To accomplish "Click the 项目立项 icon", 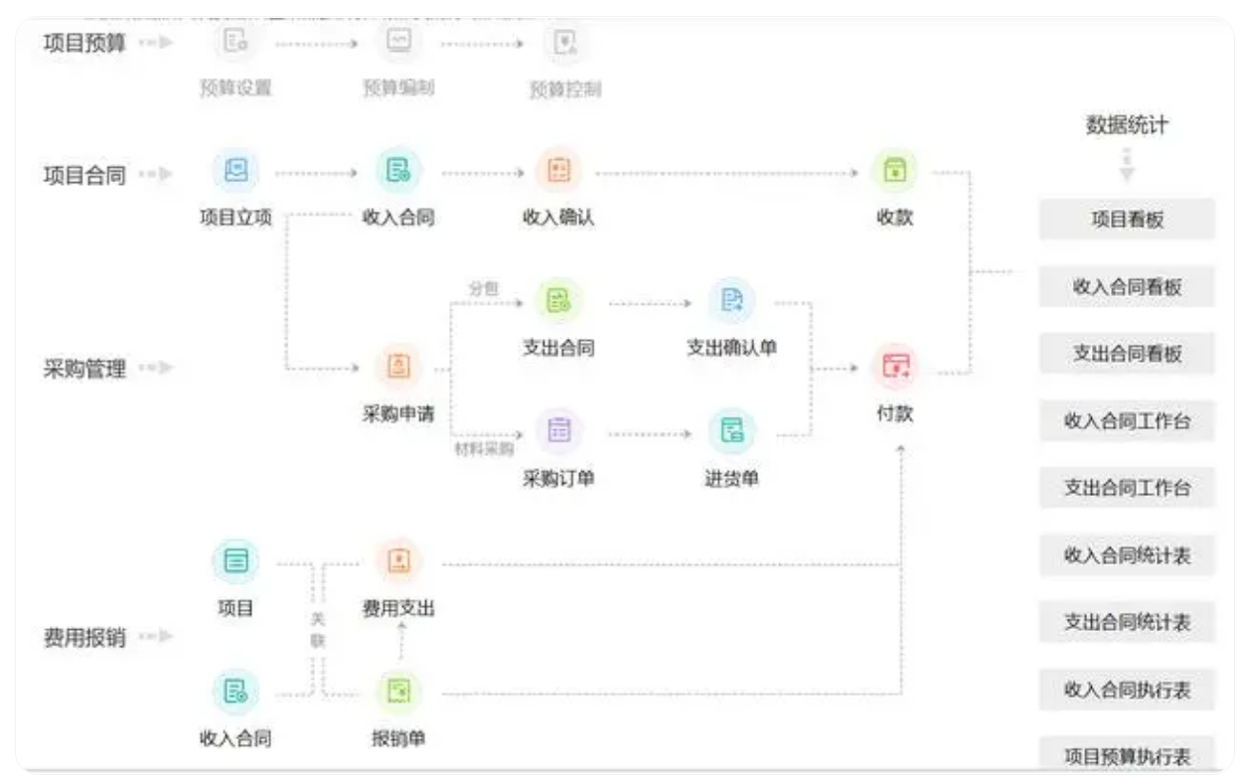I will pos(235,171).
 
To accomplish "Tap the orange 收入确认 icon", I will pos(558,171).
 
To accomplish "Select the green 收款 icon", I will pos(894,171).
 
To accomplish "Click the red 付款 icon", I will pos(895,367).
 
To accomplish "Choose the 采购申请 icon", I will pos(397,367).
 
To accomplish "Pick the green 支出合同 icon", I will pos(559,301).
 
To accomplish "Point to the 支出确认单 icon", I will pos(731,301).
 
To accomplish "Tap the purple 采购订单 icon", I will pos(559,430).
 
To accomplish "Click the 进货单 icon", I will pos(731,430).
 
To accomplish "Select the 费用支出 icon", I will pos(397,561).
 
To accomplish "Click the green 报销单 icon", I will pos(398,692).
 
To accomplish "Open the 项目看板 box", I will pos(1127,220).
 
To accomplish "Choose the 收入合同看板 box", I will pos(1127,287).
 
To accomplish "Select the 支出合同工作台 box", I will pos(1127,488).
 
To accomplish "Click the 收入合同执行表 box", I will pos(1127,690).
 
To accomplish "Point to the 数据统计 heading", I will pos(1127,126).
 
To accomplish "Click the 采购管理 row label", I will pos(85,370).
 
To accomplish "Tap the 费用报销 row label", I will pos(85,637).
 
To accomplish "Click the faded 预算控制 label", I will pos(564,89).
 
